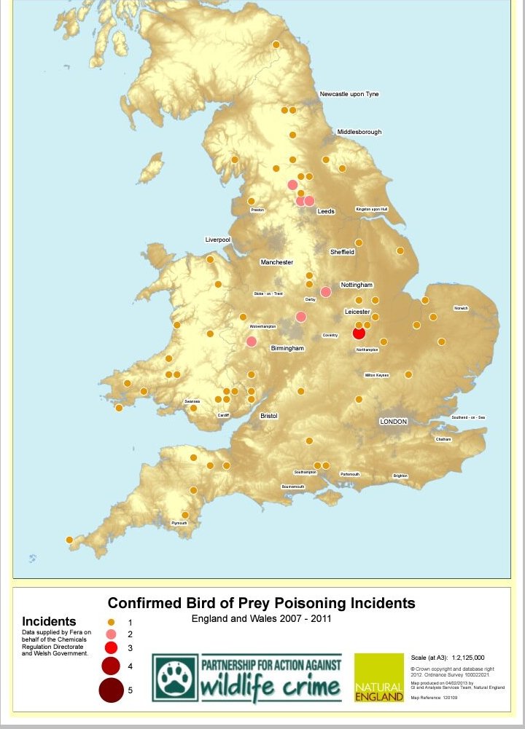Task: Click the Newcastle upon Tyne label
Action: pyautogui.click(x=349, y=94)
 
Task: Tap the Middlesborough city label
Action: pyautogui.click(x=359, y=132)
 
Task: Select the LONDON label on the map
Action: pyautogui.click(x=393, y=422)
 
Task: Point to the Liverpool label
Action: pyautogui.click(x=218, y=239)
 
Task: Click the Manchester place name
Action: pyautogui.click(x=277, y=262)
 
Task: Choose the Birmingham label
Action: pyautogui.click(x=287, y=349)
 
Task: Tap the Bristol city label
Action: pyautogui.click(x=269, y=416)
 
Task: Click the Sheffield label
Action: pyautogui.click(x=342, y=252)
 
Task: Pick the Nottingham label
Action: pyautogui.click(x=357, y=285)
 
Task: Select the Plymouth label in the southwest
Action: pyautogui.click(x=179, y=523)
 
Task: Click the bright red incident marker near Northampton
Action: pyautogui.click(x=359, y=333)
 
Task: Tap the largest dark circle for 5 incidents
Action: pyautogui.click(x=112, y=690)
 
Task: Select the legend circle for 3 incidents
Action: pyautogui.click(x=112, y=647)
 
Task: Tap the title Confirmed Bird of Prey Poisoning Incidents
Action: pyautogui.click(x=261, y=603)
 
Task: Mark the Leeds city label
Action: pyautogui.click(x=326, y=211)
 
